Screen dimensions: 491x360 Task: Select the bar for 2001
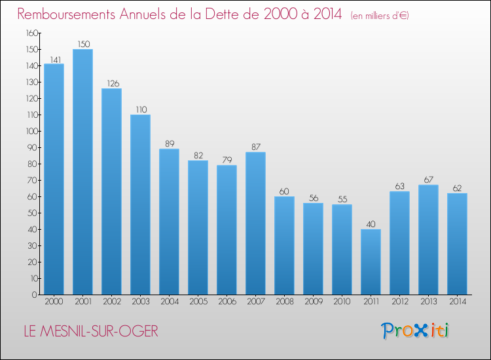pyautogui.click(x=82, y=172)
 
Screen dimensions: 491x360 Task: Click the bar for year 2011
pyautogui.click(x=371, y=262)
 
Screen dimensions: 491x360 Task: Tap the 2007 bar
pyautogui.click(x=255, y=223)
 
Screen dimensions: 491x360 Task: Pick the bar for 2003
pyautogui.click(x=140, y=204)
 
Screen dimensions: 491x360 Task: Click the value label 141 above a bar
pyautogui.click(x=56, y=60)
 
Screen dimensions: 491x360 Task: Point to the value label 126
pyautogui.click(x=113, y=84)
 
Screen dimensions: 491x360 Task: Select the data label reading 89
pyautogui.click(x=170, y=144)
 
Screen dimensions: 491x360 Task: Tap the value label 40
pyautogui.click(x=371, y=224)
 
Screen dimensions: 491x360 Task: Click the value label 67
pyautogui.click(x=428, y=180)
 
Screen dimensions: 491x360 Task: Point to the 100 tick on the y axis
pyautogui.click(x=32, y=131)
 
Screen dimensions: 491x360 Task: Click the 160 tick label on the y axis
pyautogui.click(x=32, y=33)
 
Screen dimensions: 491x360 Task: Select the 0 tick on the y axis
pyautogui.click(x=35, y=295)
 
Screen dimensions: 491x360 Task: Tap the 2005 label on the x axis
pyautogui.click(x=198, y=302)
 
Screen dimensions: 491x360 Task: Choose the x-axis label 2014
pyautogui.click(x=458, y=302)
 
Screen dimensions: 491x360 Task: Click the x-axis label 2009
pyautogui.click(x=314, y=302)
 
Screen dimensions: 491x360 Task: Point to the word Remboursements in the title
pyautogui.click(x=66, y=14)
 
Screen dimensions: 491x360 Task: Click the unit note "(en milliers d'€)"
pyautogui.click(x=380, y=16)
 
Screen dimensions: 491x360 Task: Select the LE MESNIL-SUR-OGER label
pyautogui.click(x=91, y=331)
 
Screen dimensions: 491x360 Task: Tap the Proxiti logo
pyautogui.click(x=415, y=331)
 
